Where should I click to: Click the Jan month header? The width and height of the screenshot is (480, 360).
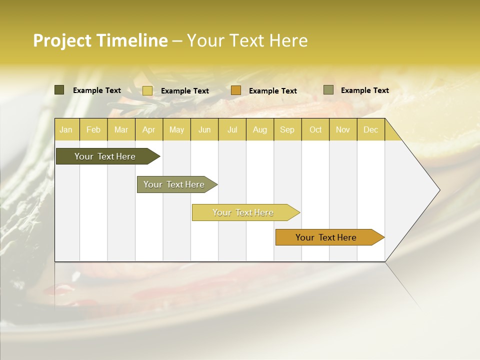(x=66, y=129)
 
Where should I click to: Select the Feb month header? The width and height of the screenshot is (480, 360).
(x=93, y=129)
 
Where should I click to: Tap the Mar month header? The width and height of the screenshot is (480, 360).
(x=121, y=129)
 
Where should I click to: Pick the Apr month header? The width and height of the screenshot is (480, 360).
(x=149, y=129)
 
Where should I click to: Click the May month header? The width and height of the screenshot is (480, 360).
(x=176, y=129)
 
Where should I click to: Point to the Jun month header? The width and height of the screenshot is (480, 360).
(x=204, y=129)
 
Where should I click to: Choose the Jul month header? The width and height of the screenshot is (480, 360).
(x=232, y=129)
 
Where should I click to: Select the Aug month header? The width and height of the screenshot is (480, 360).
(x=260, y=129)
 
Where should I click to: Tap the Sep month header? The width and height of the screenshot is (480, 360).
(x=287, y=129)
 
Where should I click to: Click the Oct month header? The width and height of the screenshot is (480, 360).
(x=315, y=129)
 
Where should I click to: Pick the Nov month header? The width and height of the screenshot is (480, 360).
(x=343, y=129)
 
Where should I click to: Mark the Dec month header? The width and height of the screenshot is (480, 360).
(x=371, y=129)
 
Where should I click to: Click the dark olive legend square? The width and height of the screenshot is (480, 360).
(x=59, y=90)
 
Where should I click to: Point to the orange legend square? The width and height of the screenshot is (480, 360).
(x=236, y=90)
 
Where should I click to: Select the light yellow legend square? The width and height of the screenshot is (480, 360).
(x=147, y=90)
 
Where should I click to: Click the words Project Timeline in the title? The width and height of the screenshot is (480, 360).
(x=100, y=40)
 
